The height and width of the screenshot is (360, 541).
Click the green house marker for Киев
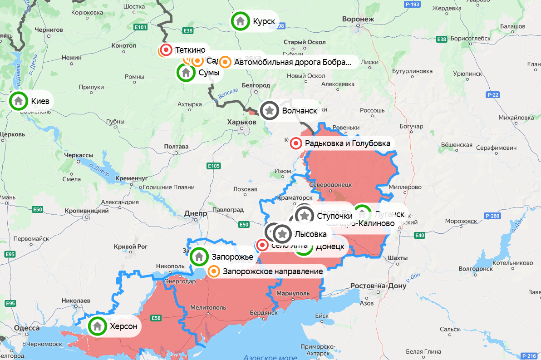pos(19,100)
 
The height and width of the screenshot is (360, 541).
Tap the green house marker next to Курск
pos(240,21)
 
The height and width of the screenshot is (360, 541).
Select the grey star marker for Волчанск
pos(269,110)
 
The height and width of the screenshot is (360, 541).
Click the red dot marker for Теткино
pos(167,49)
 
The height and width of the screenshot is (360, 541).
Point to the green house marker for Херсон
pos(97,325)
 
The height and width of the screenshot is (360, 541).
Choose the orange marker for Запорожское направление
pos(214,271)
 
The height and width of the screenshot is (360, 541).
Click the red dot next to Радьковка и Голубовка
pos(296,143)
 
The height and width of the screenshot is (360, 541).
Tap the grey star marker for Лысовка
pos(282,234)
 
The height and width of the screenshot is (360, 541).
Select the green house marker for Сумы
pos(186,72)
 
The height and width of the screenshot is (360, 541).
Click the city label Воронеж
pos(359,19)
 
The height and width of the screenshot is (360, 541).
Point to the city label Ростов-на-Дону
pos(378,286)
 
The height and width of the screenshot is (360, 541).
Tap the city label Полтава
pos(176,146)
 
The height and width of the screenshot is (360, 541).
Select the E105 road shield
pos(214,166)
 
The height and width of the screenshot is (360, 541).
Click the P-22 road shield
pos(492,94)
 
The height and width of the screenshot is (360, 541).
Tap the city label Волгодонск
pos(475,268)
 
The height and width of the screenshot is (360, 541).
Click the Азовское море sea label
pos(270,357)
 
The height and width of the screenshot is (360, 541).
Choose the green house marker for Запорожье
pos(198,257)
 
